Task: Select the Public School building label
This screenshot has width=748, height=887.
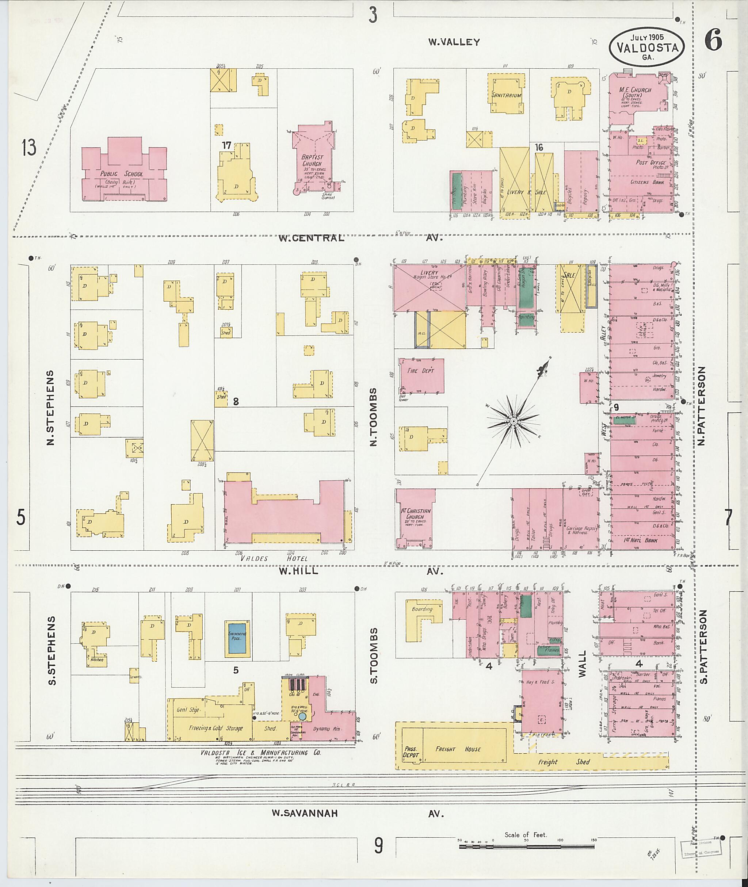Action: [121, 174]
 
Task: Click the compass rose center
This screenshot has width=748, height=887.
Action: [513, 421]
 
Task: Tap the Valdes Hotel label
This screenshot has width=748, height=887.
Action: [274, 558]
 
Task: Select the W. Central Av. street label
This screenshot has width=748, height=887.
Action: [311, 238]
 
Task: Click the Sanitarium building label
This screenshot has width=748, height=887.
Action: [506, 95]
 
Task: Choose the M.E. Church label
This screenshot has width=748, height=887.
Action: [635, 90]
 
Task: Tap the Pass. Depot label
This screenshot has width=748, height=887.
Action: [411, 752]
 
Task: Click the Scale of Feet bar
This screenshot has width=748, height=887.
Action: [527, 847]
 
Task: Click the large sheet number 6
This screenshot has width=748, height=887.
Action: [713, 41]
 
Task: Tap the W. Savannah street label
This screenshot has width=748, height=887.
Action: [305, 813]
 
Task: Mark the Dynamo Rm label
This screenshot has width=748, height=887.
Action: [327, 729]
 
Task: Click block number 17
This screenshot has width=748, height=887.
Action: [226, 145]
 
